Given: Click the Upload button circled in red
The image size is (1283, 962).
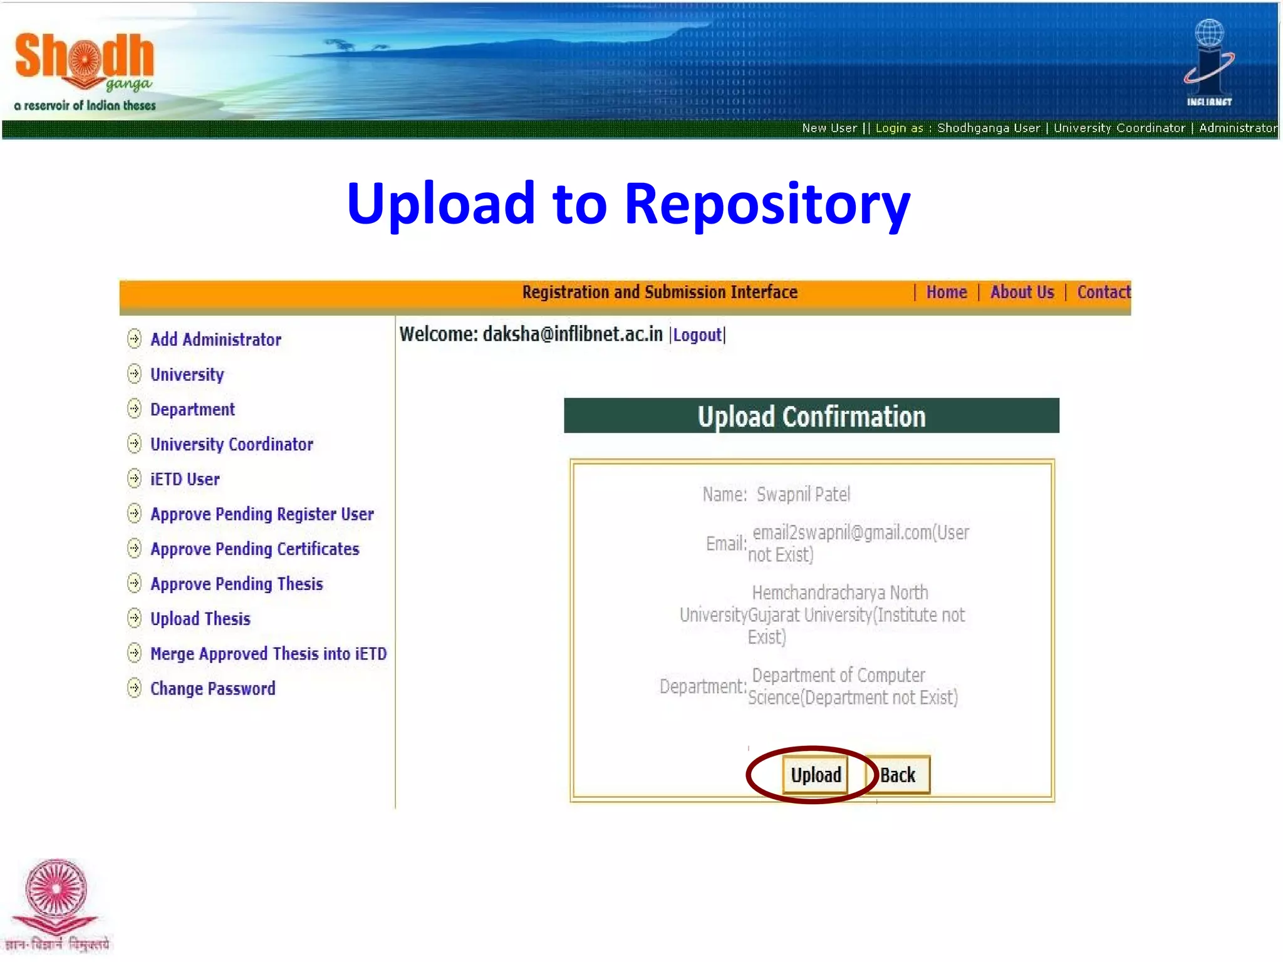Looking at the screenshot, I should (x=815, y=775).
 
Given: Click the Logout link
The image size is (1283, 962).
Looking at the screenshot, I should (x=697, y=335).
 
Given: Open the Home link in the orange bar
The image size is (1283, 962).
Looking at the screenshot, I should (x=946, y=292).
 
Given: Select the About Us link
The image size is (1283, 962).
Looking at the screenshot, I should (x=1022, y=292).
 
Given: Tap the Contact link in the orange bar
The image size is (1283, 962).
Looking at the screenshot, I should (x=1103, y=292).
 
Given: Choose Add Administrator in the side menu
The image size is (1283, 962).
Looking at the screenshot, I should (x=216, y=339).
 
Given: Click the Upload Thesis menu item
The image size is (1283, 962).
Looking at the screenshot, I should (x=200, y=619).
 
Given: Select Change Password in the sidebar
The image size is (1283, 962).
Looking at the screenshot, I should (x=212, y=689).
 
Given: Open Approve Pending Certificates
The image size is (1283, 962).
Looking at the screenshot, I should (x=254, y=549).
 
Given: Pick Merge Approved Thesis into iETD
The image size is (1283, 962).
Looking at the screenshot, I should (x=268, y=654).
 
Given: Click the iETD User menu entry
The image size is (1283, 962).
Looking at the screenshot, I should (x=185, y=480).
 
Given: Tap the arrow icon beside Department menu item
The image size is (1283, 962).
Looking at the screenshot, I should (x=134, y=409).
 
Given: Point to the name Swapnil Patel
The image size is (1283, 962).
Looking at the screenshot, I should (x=803, y=495).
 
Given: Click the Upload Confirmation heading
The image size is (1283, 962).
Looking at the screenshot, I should (x=811, y=416).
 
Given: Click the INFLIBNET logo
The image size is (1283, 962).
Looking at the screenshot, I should (x=1208, y=63).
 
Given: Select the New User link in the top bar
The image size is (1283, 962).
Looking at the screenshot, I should (x=829, y=128).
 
